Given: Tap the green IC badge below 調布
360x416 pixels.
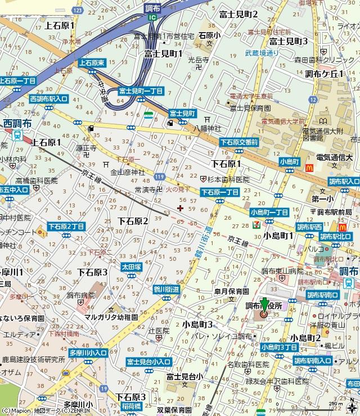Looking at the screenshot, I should pos(152,17).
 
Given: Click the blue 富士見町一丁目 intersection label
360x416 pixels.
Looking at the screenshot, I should pos(140,91).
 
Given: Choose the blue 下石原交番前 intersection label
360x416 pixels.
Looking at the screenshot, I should pos(239,143).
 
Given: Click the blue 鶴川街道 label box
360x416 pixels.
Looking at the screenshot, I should pos(166,289).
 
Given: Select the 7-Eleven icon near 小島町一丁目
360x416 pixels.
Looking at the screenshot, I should pos(256,223).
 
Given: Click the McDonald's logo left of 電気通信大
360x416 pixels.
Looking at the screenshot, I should pos(308,166).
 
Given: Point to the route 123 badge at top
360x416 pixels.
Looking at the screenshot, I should pos(78,11).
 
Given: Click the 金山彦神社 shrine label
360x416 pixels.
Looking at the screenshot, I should pos(128,172).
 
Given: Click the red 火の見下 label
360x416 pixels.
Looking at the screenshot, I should pos(178,191).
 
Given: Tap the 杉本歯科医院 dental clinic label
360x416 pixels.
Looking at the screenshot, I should pos(228,179).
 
